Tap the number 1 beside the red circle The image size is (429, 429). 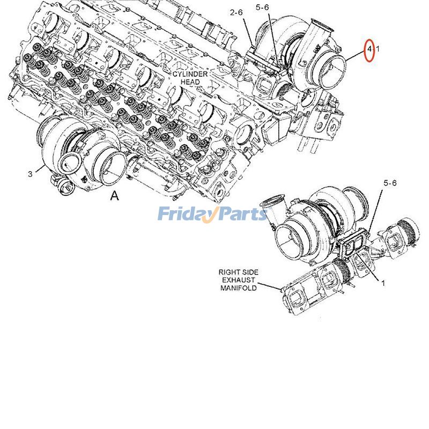pyautogui.click(x=378, y=49)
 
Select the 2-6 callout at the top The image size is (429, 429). pyautogui.click(x=237, y=12)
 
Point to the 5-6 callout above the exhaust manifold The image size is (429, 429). pyautogui.click(x=390, y=183)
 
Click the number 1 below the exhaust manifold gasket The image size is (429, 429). pyautogui.click(x=383, y=282)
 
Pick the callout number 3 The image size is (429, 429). pyautogui.click(x=30, y=173)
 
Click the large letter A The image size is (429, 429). pyautogui.click(x=114, y=196)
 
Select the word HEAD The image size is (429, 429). pyautogui.click(x=190, y=82)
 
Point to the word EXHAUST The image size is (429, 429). pyautogui.click(x=238, y=280)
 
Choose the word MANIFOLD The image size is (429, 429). pyautogui.click(x=239, y=288)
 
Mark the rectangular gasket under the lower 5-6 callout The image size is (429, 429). pyautogui.click(x=353, y=245)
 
